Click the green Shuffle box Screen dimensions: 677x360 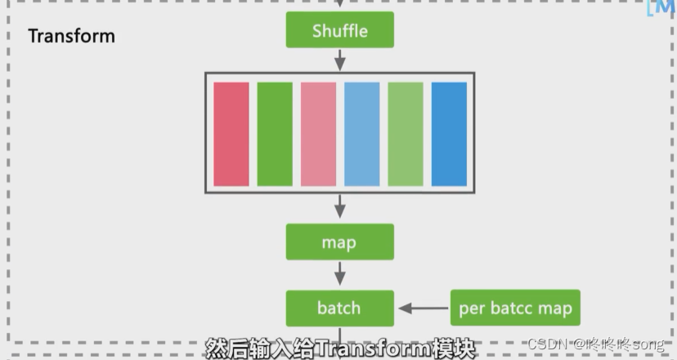point(339,32)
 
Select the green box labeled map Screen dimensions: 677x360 point(339,243)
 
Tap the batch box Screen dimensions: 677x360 point(339,308)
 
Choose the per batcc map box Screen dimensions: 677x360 point(515,308)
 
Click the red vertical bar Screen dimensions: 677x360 point(231,134)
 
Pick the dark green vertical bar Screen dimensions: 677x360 point(274,134)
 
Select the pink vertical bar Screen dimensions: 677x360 point(318,134)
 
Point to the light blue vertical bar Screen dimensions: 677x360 point(361,134)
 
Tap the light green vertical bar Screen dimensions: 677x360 point(405,134)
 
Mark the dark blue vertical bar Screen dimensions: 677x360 point(449,134)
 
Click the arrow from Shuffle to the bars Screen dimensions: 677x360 point(340,60)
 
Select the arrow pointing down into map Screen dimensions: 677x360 point(340,208)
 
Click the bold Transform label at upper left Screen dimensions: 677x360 point(71,36)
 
